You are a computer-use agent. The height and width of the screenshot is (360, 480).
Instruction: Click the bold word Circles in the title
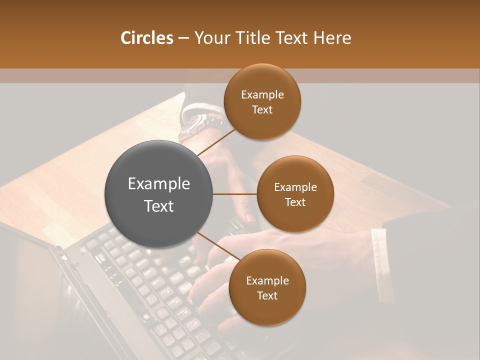[147, 38]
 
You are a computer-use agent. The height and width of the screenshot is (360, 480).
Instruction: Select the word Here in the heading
[333, 38]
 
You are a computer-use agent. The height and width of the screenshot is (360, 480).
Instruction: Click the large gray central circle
[158, 194]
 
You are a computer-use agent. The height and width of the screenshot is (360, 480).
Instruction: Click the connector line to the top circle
[216, 141]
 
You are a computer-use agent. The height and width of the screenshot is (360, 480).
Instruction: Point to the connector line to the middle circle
[234, 194]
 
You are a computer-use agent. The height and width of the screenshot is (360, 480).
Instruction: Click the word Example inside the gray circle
[158, 184]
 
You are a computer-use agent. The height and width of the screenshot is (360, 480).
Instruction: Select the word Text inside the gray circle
[158, 206]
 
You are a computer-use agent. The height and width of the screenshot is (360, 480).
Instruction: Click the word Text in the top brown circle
[262, 110]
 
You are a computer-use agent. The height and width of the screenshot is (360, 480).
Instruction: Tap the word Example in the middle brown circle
[295, 187]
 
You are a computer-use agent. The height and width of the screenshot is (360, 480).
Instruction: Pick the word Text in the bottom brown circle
[267, 296]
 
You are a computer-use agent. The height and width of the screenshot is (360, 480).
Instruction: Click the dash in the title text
[183, 38]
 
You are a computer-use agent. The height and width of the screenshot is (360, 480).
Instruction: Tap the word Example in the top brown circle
[262, 95]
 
